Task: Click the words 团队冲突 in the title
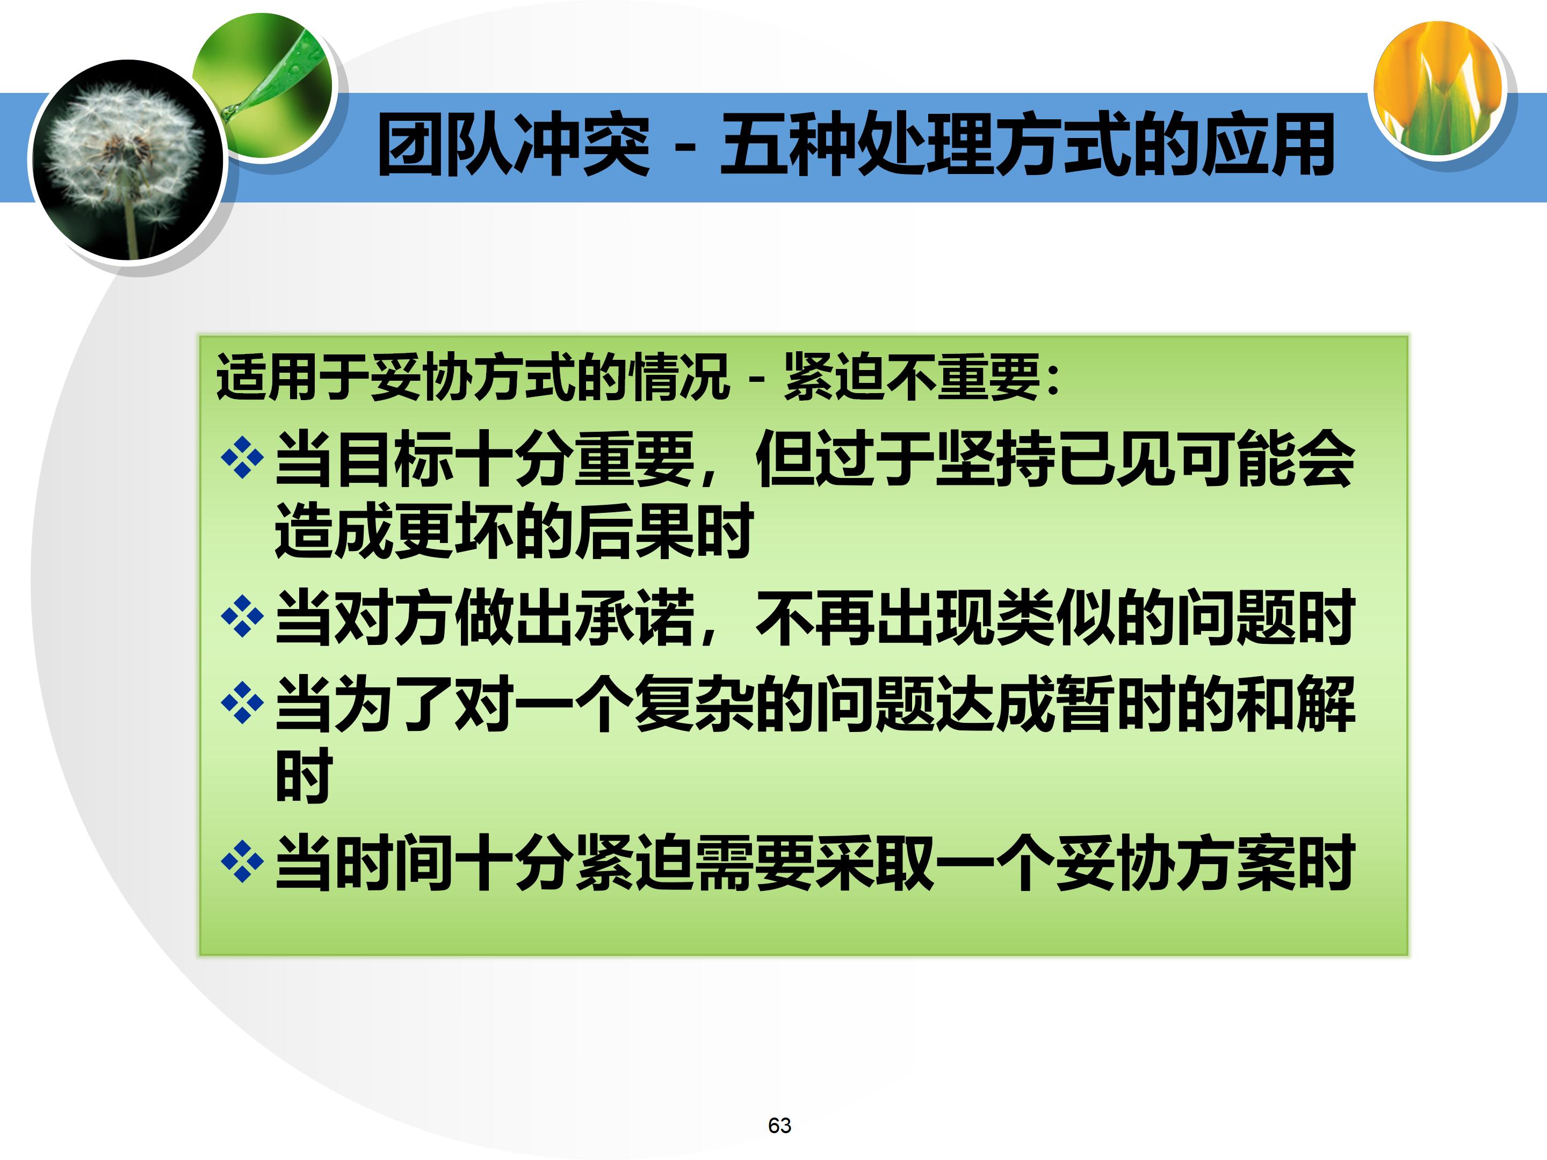[x=514, y=146]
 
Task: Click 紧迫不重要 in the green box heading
[x=912, y=378]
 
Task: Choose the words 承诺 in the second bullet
[x=634, y=618]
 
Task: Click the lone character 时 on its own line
[x=303, y=775]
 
